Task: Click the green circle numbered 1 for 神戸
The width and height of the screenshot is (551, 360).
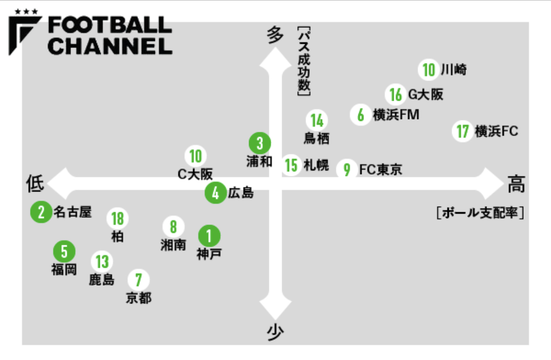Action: click(x=209, y=236)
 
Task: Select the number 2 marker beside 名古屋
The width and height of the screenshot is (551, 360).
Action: click(x=41, y=212)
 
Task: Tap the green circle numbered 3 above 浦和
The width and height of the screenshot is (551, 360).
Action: click(x=259, y=144)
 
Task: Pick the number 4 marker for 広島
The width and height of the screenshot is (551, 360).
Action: click(x=216, y=192)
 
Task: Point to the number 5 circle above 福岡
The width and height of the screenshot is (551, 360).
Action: click(x=65, y=251)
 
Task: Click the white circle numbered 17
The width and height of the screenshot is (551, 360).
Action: click(x=462, y=131)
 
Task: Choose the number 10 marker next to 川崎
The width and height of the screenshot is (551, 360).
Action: click(x=429, y=70)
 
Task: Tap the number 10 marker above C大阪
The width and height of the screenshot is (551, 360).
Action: click(x=196, y=156)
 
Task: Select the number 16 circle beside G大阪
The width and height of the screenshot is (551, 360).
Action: click(x=396, y=95)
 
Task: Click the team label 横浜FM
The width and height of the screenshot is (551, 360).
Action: click(x=396, y=115)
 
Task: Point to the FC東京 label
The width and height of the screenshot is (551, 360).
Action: click(x=381, y=169)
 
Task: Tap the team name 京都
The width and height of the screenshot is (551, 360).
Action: click(x=139, y=298)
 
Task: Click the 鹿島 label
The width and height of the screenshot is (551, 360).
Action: click(x=102, y=280)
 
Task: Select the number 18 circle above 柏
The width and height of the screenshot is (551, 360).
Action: click(x=117, y=218)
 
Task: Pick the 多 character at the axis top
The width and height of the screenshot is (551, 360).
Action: click(x=275, y=35)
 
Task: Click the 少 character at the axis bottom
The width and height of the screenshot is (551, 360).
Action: click(x=275, y=332)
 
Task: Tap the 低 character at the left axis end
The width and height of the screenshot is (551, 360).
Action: click(x=35, y=184)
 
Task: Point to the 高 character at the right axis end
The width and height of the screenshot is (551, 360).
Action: click(x=516, y=184)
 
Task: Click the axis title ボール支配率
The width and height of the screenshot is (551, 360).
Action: click(x=480, y=213)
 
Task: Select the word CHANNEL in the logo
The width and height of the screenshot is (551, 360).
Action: click(x=110, y=46)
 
